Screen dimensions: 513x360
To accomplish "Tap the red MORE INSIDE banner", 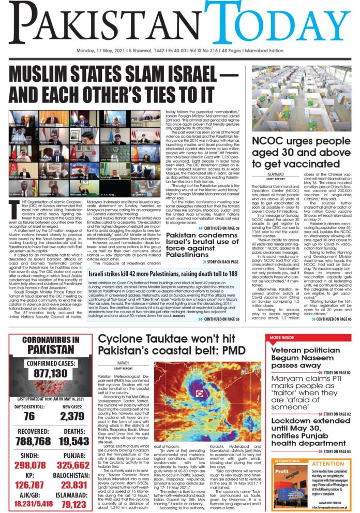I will pyautogui.click(x=283, y=338).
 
